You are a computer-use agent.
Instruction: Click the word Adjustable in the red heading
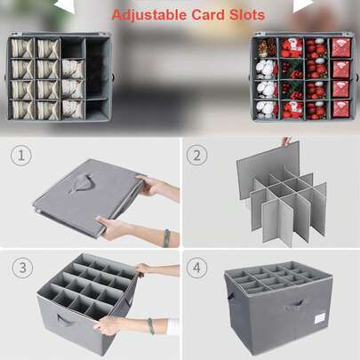click(x=149, y=15)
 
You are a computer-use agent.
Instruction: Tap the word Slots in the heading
click(x=247, y=15)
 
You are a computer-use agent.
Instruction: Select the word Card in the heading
click(x=208, y=15)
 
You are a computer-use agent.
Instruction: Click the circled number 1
click(x=21, y=156)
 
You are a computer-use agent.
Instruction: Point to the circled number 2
click(x=196, y=155)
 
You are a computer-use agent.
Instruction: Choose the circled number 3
click(x=22, y=268)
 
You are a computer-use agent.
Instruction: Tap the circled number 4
click(x=196, y=268)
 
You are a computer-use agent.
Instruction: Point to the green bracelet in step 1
click(x=166, y=238)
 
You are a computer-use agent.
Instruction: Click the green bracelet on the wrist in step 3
click(x=151, y=326)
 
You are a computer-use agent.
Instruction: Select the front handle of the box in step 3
click(x=66, y=321)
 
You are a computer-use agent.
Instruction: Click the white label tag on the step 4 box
click(x=319, y=318)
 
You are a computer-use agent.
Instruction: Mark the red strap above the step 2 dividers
click(x=285, y=141)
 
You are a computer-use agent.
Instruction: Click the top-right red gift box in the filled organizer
click(x=341, y=47)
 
